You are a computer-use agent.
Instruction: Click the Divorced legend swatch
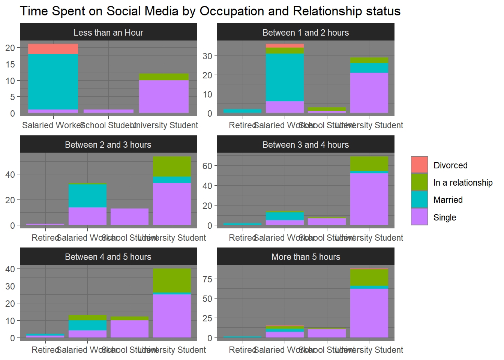coord(419,165)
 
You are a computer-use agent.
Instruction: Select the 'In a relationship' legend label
coord(463,183)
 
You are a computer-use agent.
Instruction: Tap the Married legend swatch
coord(419,199)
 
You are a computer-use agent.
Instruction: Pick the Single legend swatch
coord(419,217)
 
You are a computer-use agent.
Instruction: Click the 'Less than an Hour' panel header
coord(108,33)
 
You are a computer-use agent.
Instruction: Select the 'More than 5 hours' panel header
coord(306,257)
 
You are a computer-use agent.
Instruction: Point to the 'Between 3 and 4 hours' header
coord(306,145)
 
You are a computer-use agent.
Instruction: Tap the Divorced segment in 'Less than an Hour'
coord(53,49)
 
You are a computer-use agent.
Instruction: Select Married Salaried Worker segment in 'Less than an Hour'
coord(53,82)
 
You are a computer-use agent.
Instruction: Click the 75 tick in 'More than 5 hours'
coord(207,279)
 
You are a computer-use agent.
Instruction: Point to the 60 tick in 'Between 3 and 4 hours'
coord(207,166)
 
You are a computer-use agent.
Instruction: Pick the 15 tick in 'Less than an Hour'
coord(10,64)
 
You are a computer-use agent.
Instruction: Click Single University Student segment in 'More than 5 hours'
coord(369,313)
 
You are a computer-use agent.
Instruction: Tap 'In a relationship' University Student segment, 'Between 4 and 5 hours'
coord(172,280)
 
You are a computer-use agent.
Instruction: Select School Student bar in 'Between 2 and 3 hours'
coord(129,217)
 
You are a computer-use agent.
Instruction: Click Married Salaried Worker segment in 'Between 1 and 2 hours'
coord(285,77)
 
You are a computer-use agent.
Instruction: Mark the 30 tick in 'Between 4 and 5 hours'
coord(10,286)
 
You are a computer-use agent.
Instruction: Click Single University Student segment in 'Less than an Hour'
coord(164,96)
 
